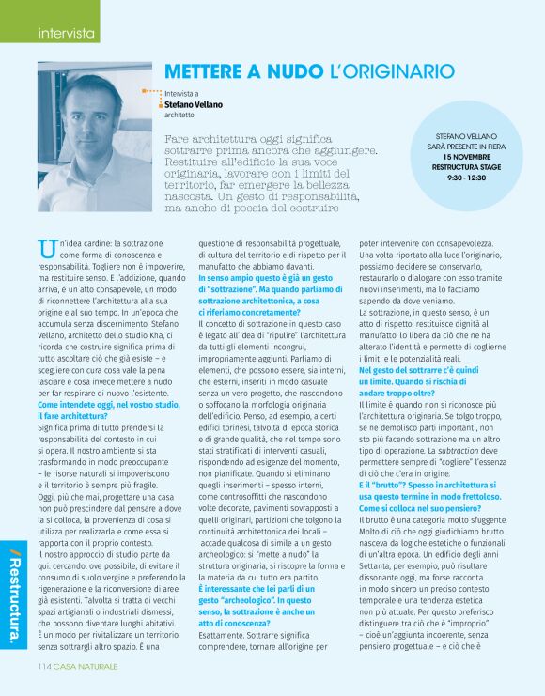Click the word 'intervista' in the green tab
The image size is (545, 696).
[x=66, y=34]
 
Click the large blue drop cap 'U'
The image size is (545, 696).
[x=46, y=249]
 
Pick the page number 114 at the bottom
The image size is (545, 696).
[x=44, y=666]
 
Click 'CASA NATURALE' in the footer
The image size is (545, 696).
[x=87, y=666]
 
